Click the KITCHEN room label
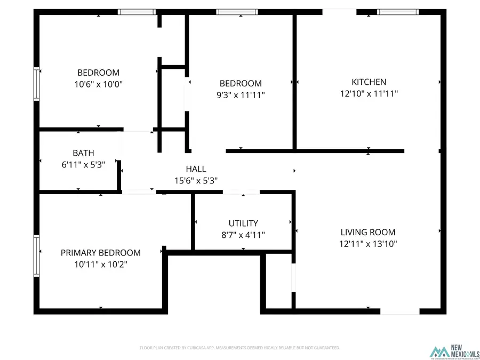369,82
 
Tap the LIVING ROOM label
368,232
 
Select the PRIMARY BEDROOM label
100,253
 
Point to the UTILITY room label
243,223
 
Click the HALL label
196,169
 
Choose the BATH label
84,154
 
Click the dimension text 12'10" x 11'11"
369,94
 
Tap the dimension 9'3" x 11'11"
241,95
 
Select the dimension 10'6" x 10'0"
98,84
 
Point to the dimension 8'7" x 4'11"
243,235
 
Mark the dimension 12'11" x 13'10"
368,244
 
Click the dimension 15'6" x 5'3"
196,181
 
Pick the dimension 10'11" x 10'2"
100,264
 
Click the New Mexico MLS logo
454,352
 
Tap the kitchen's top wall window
398,12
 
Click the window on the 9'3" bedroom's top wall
237,12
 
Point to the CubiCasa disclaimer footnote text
239,348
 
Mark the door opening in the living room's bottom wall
399,310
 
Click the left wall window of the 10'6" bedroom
37,84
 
